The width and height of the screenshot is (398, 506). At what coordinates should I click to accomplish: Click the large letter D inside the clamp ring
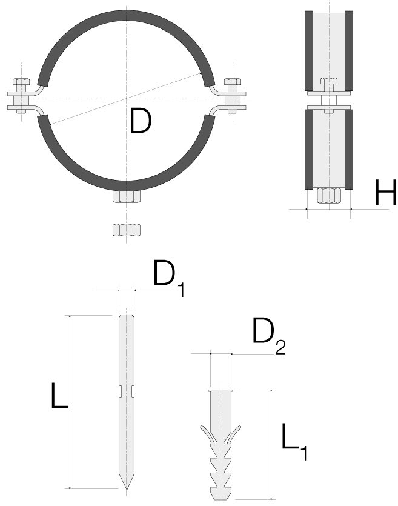pos(141,121)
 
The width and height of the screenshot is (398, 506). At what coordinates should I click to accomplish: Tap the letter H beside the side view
pos(385,192)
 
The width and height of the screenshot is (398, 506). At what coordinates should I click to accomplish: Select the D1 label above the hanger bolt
pos(168,278)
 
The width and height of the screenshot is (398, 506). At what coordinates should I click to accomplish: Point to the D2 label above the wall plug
pos(268,336)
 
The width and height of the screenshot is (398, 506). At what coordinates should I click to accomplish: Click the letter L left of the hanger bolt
pos(59,395)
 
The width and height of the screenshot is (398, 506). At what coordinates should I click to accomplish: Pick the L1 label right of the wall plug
pos(294,441)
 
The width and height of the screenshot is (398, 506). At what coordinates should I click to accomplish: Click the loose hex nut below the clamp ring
pos(127,230)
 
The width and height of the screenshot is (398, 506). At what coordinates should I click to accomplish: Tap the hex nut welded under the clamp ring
pos(127,197)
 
